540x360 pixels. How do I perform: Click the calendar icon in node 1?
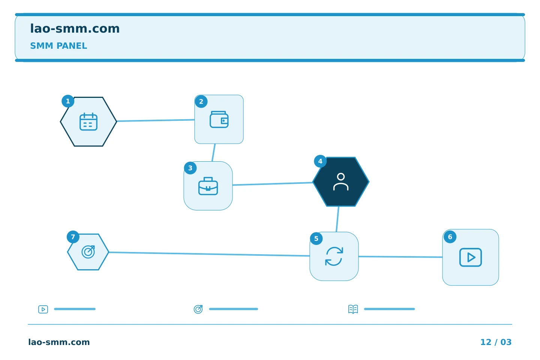[88, 122]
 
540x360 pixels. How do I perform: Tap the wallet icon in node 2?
[219, 119]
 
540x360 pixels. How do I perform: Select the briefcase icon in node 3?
[208, 186]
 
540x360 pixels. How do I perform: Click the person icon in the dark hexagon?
[341, 182]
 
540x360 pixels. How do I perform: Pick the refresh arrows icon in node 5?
[334, 256]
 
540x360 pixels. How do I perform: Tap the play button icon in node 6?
[471, 257]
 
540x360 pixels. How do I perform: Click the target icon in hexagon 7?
[88, 252]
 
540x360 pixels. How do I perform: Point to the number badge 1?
[68, 101]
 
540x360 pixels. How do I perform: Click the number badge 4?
[320, 161]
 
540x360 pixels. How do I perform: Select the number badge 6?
[450, 237]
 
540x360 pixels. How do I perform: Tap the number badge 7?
[73, 237]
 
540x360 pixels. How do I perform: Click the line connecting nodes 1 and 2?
[156, 120]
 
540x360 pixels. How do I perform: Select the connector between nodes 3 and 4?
[273, 184]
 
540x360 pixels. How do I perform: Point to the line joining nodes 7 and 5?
[209, 254]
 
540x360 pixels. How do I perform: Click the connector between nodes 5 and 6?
[400, 257]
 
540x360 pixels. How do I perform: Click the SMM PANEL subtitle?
[58, 46]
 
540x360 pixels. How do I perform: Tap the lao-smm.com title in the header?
[75, 28]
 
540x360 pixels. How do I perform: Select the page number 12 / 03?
[496, 342]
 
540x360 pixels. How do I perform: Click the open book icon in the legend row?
[353, 309]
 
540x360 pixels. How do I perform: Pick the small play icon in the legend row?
[43, 309]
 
